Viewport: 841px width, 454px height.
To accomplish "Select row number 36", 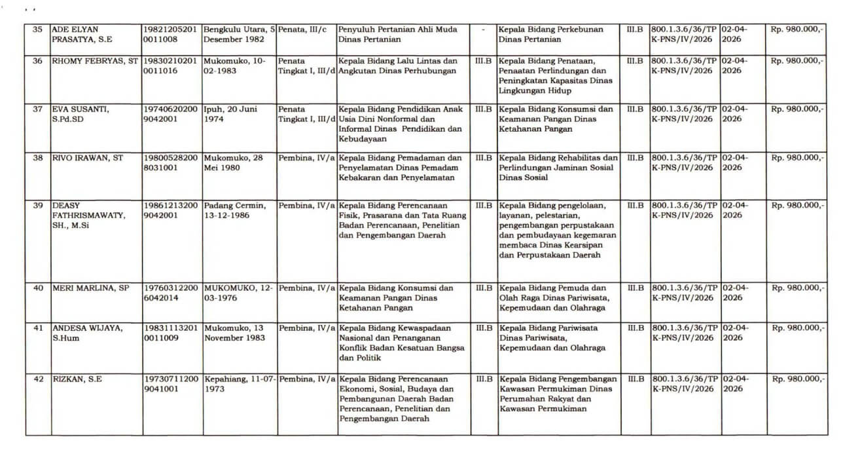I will coord(37,61).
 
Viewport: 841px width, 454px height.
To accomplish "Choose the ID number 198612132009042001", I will coord(170,210).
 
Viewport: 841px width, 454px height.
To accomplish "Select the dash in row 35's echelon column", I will coord(482,29).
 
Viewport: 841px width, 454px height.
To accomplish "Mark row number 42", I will coord(37,379).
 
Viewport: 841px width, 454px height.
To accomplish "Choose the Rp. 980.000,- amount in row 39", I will coord(797,205).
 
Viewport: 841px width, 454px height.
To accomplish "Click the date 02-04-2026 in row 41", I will coord(734,332).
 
